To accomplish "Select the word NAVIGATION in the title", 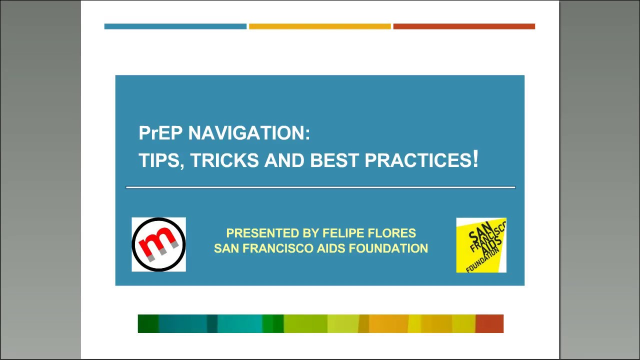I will point(248,133).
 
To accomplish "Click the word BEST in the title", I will point(334,160).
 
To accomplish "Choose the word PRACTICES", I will point(417,160).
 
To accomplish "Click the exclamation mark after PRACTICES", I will point(475,159).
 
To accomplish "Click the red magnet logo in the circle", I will point(158,244).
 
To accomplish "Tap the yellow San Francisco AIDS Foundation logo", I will point(481,245).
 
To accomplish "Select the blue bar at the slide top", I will point(175,26).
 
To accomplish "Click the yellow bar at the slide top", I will point(319,26).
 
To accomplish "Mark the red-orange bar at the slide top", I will point(464,26).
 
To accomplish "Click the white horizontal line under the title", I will point(320,187).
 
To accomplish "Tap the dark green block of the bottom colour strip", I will point(148,323).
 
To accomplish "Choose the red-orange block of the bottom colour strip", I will point(489,323).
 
